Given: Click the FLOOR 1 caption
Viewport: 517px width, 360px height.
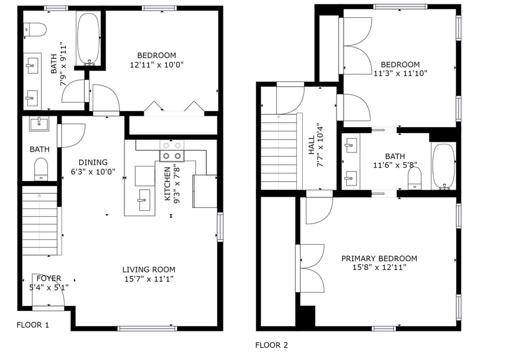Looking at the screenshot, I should click(33, 325).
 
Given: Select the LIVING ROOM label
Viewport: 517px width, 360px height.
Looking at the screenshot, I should click(149, 269).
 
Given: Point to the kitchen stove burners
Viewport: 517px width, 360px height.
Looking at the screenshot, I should click(171, 151).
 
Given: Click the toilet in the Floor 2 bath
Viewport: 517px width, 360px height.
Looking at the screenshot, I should click(415, 178).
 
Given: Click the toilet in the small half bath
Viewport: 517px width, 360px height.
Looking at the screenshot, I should click(41, 169).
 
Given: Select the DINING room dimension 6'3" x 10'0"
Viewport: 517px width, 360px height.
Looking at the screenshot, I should click(93, 171).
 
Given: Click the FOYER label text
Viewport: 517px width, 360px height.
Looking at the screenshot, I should click(49, 279).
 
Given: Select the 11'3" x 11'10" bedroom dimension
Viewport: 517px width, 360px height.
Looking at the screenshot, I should click(400, 74).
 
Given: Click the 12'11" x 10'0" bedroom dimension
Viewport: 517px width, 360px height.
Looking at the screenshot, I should click(156, 65).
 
